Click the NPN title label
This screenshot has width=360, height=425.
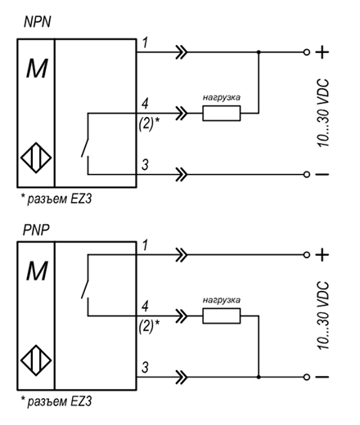(38, 22)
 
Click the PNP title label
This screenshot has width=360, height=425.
(36, 230)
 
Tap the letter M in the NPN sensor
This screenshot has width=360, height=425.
(37, 69)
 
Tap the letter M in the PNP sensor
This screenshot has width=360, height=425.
(37, 271)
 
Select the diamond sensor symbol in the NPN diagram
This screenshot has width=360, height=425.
(36, 158)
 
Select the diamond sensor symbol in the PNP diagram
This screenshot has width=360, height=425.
(36, 360)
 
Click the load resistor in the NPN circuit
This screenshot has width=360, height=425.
(222, 113)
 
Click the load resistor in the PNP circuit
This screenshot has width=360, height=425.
(222, 315)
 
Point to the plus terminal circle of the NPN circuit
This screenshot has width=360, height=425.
(307, 52)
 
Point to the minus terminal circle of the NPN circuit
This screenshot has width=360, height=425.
(307, 174)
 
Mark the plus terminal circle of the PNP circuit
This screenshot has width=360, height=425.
(307, 255)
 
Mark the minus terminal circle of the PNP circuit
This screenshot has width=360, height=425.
(307, 377)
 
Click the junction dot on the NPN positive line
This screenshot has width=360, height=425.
(259, 52)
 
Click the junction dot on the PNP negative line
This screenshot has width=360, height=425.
(259, 377)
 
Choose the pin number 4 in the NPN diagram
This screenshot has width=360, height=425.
(145, 104)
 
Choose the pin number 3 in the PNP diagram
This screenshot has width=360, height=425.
(145, 367)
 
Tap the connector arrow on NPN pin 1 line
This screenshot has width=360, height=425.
(182, 52)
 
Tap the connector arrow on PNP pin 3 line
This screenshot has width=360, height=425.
(182, 377)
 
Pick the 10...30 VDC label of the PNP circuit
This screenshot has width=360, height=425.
(324, 315)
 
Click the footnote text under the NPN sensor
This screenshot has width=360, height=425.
(56, 199)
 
